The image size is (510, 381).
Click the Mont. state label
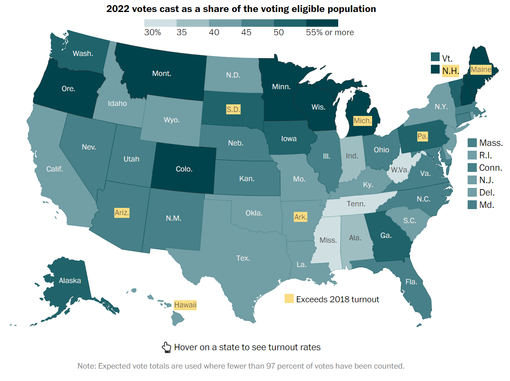pos(161,74)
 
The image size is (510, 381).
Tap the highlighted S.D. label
pos(233,110)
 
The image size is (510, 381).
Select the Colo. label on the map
pos(184,169)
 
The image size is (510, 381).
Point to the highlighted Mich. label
pos(363,121)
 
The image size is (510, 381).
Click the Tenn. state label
pos(356,204)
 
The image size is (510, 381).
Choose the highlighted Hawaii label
pos(185,305)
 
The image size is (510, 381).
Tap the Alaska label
pos(70,281)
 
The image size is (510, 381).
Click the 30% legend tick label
pos(153,32)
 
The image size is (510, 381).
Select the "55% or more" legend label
pos(330,32)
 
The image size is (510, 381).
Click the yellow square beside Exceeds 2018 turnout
pos(289,299)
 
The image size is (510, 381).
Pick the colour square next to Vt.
pos(435,57)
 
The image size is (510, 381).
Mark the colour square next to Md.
pos(472,205)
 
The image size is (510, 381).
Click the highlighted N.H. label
pos(450,71)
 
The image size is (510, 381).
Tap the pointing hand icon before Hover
pos(166,347)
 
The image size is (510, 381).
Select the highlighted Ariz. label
pos(122,213)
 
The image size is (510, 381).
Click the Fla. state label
pos(411,282)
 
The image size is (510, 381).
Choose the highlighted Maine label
pos(481,70)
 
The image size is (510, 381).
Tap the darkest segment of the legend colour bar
pos(322,23)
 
